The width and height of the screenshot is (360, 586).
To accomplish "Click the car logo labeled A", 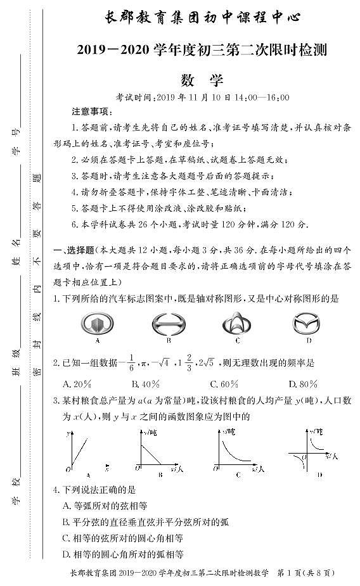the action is (x=97, y=324).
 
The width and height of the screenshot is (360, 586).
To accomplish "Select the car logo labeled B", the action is (x=169, y=324).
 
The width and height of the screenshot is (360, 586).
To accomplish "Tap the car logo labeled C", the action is (x=237, y=324).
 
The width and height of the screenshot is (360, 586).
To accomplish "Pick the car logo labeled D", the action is (x=308, y=324).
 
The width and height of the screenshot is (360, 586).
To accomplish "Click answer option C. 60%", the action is (x=224, y=383).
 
